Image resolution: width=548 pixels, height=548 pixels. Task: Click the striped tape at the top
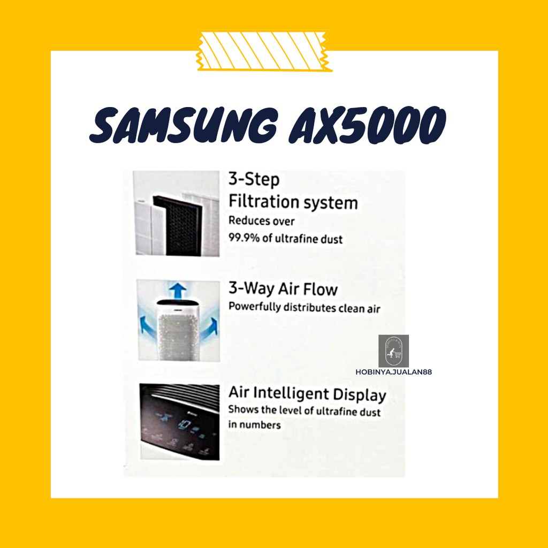click(264, 52)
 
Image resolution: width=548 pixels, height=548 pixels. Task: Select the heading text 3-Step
click(254, 180)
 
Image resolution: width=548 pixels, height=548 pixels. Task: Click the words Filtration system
click(293, 202)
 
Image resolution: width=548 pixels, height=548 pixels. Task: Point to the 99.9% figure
click(246, 239)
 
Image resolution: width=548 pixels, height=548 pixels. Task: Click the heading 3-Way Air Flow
click(283, 290)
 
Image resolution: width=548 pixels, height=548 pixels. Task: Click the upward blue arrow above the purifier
click(178, 291)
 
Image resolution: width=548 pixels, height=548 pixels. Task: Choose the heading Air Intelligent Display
click(307, 394)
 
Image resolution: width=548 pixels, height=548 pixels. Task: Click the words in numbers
click(255, 425)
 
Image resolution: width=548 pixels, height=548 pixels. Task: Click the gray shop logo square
click(393, 351)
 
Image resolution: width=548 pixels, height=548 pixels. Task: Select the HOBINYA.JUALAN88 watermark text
click(394, 372)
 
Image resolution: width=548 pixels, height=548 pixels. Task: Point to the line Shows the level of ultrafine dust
click(305, 412)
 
